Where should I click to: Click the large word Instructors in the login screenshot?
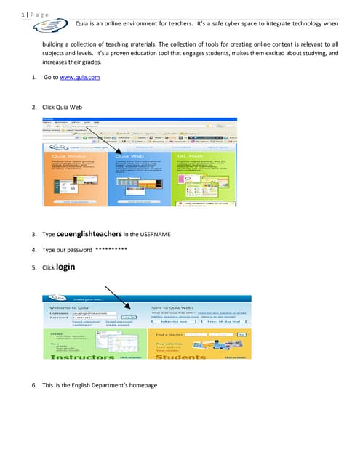(81, 357)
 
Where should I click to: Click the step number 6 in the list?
(33, 384)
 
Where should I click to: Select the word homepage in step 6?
(141, 384)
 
